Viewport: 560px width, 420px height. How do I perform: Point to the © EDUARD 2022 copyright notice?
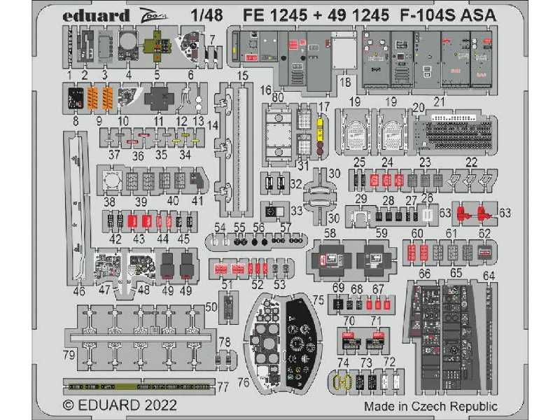[120, 405]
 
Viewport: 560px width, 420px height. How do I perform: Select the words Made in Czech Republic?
[430, 406]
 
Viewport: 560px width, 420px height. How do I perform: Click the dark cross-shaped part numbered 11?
[159, 99]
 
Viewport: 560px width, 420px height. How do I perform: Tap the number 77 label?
[223, 386]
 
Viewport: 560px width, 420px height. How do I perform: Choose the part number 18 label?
[344, 83]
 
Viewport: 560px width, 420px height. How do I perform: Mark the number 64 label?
[489, 275]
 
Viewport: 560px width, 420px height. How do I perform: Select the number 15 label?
[243, 76]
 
